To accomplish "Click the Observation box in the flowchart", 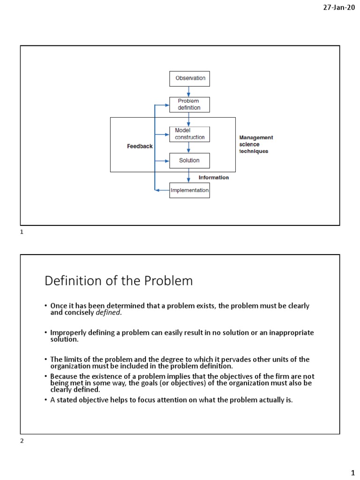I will tap(189, 78).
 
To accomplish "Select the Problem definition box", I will tap(189, 104).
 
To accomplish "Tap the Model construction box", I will tap(189, 134).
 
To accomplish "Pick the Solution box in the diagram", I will tap(189, 160).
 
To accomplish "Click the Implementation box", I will tap(189, 190).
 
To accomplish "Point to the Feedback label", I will tap(140, 146).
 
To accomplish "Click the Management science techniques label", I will tap(256, 144).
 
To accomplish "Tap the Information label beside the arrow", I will tap(214, 178).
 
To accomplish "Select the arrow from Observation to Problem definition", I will tap(189, 92).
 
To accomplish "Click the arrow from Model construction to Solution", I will tap(189, 147).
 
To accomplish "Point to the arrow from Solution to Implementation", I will tap(189, 175).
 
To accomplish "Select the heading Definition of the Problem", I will tap(119, 281).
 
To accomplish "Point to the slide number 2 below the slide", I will tap(22, 441).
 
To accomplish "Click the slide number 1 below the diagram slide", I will tap(22, 232).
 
